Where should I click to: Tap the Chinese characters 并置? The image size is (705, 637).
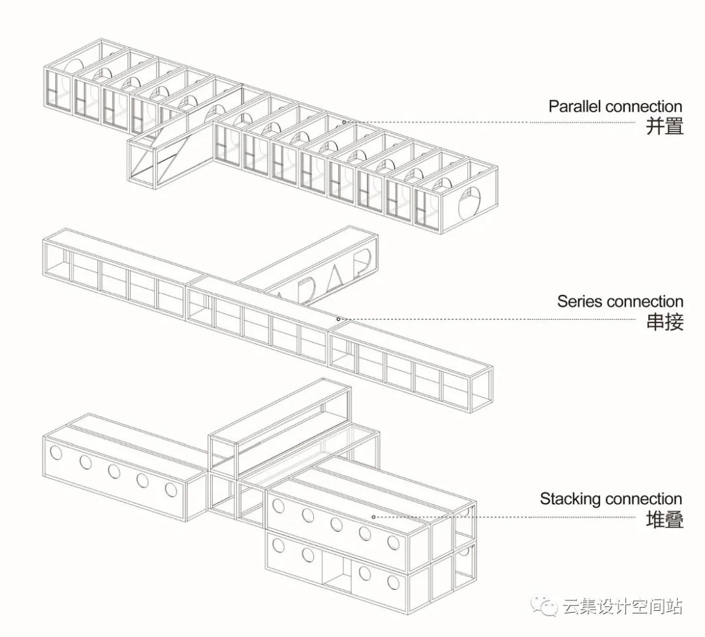pos(664,126)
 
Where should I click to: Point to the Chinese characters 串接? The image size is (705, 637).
pos(664,322)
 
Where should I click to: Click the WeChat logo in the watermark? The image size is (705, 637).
pos(543,606)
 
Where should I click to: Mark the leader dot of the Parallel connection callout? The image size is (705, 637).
pos(344,122)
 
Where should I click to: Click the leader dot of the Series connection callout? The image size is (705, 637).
pos(338,319)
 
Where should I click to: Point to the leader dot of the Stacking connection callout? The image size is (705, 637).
pos(373,517)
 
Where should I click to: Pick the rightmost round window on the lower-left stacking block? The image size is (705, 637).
pos(171,489)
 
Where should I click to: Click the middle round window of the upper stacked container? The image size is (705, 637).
pos(336,524)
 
